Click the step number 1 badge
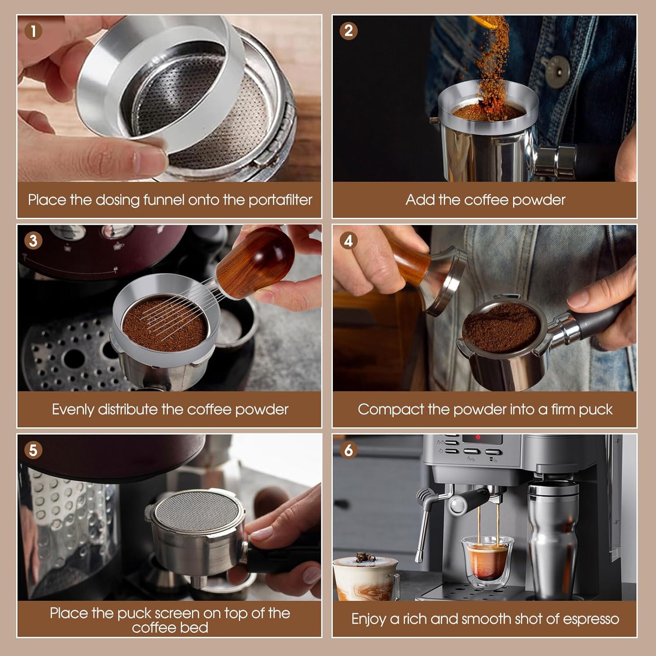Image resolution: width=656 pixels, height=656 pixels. pos(34,31)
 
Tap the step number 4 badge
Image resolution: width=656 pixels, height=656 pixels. pos(349,241)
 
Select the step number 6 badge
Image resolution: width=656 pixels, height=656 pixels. pos(349,450)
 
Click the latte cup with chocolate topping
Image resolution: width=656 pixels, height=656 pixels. pos(365,577)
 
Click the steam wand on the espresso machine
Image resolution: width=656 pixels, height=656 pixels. pos(422,525)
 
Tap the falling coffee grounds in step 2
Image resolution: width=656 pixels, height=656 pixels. pos(492,70)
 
